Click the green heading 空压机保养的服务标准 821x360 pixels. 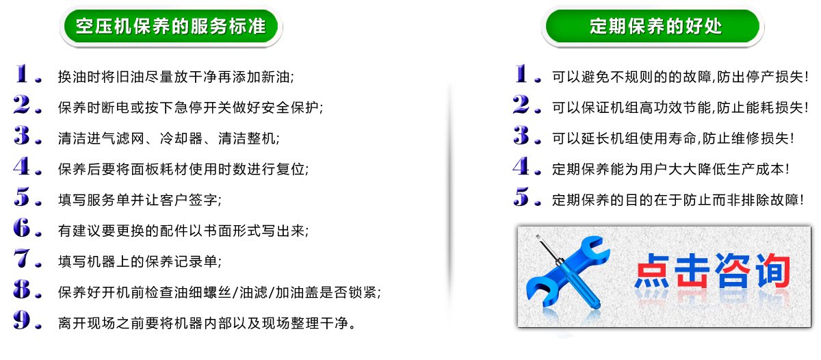pyautogui.click(x=171, y=27)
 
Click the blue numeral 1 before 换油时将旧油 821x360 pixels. pyautogui.click(x=22, y=73)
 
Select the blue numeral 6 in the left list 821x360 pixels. pyautogui.click(x=22, y=227)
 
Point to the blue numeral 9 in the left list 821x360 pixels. pyautogui.click(x=22, y=320)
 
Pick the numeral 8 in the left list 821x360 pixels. pyautogui.click(x=22, y=289)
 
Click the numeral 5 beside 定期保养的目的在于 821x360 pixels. pyautogui.click(x=521, y=196)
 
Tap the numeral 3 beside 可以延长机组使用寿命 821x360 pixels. pyautogui.click(x=521, y=135)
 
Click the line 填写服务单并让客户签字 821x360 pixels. pyautogui.click(x=140, y=200)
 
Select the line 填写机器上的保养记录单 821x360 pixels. pyautogui.click(x=140, y=261)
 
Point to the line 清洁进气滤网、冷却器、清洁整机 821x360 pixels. pyautogui.click(x=168, y=138)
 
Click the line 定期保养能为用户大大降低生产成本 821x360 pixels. pyautogui.click(x=670, y=169)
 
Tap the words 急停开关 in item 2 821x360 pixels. pyautogui.click(x=203, y=107)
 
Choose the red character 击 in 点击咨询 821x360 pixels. pyautogui.click(x=692, y=271)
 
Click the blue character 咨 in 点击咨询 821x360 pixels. pyautogui.click(x=731, y=271)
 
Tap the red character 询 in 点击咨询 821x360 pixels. pyautogui.click(x=772, y=271)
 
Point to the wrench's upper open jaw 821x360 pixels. pyautogui.click(x=594, y=246)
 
